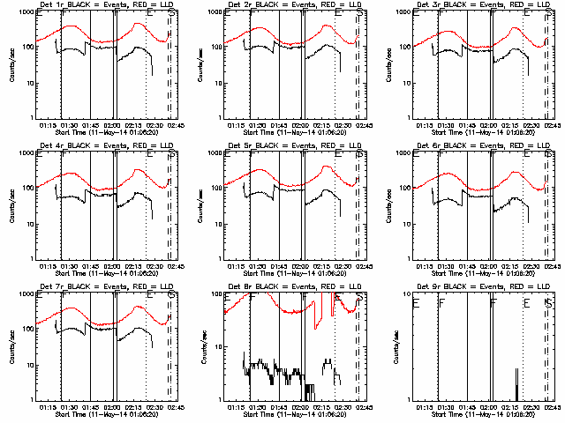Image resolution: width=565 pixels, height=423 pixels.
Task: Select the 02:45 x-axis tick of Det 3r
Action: coord(552,125)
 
